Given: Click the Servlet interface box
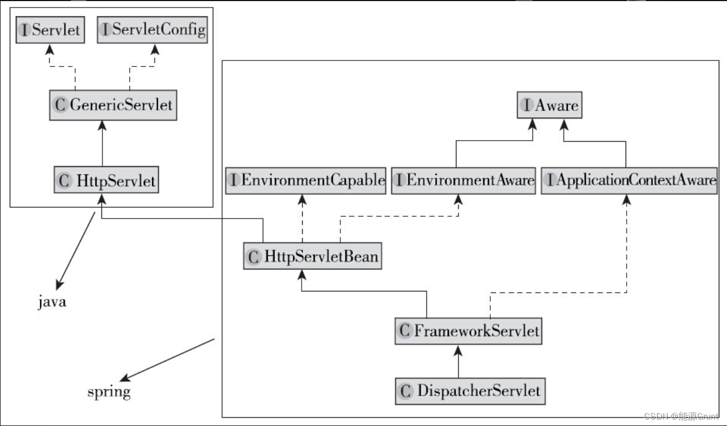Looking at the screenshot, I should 50,29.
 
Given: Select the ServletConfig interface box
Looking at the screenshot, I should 153,29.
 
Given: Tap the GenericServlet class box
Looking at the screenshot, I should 113,105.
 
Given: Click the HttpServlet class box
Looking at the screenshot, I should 106,180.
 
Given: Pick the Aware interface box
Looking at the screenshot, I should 550,105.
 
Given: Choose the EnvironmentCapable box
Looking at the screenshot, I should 306,180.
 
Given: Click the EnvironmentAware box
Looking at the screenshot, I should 464,180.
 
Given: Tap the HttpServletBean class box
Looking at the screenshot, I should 313,256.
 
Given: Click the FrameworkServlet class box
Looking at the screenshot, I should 468,331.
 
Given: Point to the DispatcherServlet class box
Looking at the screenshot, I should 471,391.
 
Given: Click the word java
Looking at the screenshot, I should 52,301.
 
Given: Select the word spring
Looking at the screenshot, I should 109,391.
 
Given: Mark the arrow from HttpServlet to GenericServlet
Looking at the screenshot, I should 102,144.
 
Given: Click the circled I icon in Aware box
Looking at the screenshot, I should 527,106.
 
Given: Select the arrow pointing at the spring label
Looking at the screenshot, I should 169,360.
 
